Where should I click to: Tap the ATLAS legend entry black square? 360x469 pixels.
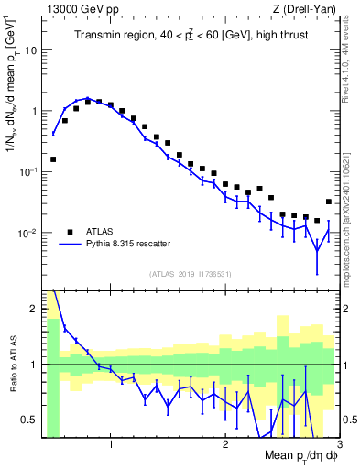tap(68, 232)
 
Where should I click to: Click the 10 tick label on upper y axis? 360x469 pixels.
tap(31, 50)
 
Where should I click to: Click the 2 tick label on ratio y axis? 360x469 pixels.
tap(35, 309)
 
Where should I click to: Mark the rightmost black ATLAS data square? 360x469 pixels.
tap(329, 202)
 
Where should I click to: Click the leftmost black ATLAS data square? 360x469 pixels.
tap(53, 159)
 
